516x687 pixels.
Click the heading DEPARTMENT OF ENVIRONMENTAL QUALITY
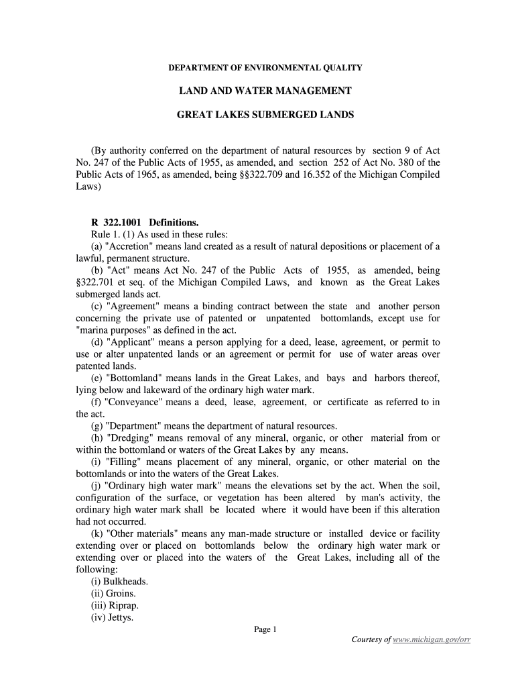(265, 68)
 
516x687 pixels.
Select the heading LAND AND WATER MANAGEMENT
(265, 91)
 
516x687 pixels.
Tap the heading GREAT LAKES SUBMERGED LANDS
(265, 115)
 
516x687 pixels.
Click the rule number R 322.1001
(117, 222)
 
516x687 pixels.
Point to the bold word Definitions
(174, 222)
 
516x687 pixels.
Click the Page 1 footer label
(265, 629)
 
